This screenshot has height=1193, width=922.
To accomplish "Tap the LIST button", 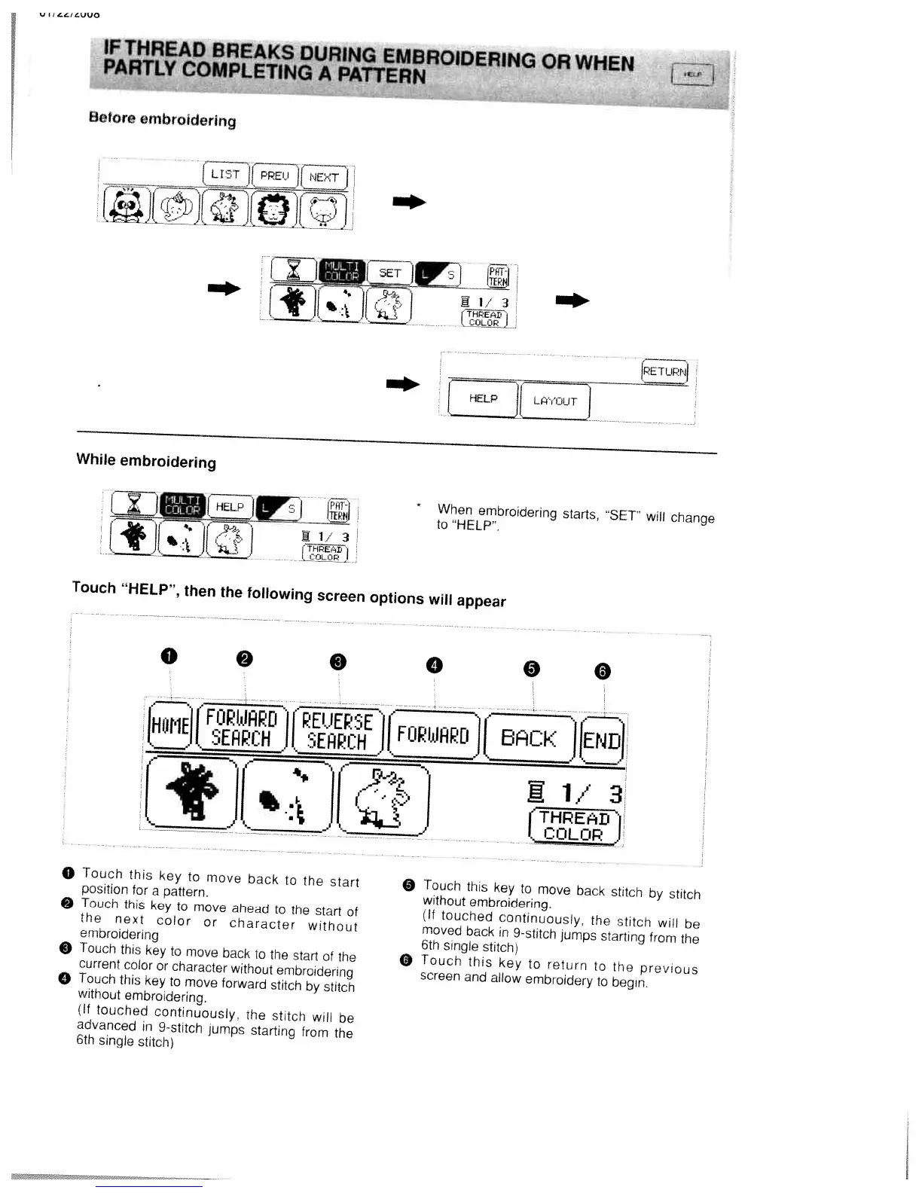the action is click(x=225, y=174).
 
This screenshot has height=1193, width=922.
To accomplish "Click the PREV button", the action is click(x=274, y=175).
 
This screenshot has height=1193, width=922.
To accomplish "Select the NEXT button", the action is click(x=324, y=178).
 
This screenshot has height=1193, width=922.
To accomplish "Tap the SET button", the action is click(x=389, y=273).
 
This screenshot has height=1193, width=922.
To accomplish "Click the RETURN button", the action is click(x=664, y=371).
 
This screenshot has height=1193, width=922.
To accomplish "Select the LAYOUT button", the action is click(x=554, y=401).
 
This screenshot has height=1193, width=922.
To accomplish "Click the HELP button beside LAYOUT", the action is click(x=483, y=398).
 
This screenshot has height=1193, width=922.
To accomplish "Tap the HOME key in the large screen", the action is click(x=169, y=725).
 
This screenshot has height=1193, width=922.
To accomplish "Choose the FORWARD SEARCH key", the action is click(x=242, y=728).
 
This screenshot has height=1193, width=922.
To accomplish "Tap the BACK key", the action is click(x=530, y=738).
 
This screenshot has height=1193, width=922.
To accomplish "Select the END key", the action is click(x=603, y=740).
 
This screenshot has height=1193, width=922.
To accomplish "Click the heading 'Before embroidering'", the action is click(x=162, y=119).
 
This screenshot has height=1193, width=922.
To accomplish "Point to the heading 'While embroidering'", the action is click(x=146, y=461).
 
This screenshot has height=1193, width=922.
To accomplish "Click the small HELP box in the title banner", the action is click(x=692, y=75).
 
